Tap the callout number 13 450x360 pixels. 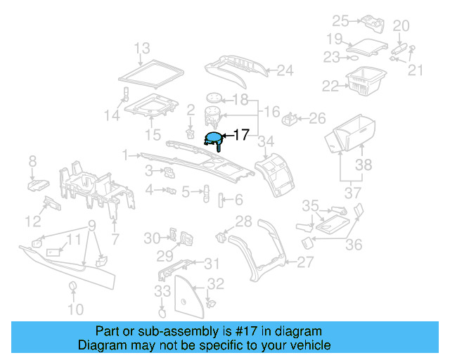coord(142,49)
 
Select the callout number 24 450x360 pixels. coord(284,70)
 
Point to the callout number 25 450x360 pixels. coord(340,20)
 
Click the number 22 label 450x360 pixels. coord(330,86)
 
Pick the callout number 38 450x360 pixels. coord(363,165)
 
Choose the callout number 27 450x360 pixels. coord(304,262)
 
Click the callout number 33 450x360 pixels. coord(162,291)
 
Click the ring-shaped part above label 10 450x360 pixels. coord(72,285)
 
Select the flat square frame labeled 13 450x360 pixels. coord(149,72)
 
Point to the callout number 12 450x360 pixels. coord(32,221)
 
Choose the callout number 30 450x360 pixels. coord(152,238)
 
